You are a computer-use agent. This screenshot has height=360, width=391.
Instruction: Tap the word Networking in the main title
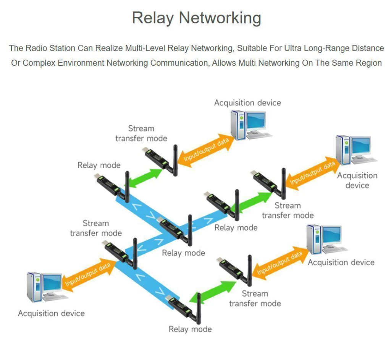tap(220, 18)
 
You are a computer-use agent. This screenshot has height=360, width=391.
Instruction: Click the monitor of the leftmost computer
tap(53, 283)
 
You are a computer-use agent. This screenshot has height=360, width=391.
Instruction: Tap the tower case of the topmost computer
tap(238, 125)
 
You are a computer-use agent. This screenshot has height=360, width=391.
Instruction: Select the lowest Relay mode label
tap(190, 329)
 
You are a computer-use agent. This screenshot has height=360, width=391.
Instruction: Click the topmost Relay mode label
tap(99, 165)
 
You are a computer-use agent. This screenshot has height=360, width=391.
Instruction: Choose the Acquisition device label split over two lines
tap(357, 180)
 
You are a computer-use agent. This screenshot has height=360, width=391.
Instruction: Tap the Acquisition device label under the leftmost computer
tap(51, 313)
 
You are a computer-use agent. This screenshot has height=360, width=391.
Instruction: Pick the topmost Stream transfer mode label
tap(141, 133)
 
